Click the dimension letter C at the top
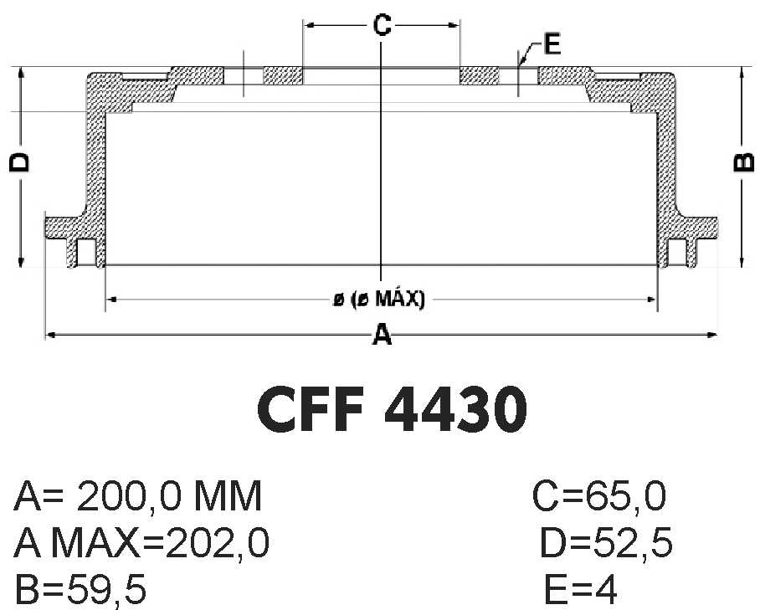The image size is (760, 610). [382, 25]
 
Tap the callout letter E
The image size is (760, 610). [552, 44]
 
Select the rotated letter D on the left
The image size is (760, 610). [20, 163]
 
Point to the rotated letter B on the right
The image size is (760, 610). [744, 163]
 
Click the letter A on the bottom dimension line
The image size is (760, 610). [382, 335]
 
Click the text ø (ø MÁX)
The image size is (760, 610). [379, 299]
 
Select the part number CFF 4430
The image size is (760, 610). [392, 408]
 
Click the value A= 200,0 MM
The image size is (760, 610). [138, 495]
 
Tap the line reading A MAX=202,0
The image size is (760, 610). [141, 543]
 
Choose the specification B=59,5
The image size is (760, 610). [80, 589]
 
